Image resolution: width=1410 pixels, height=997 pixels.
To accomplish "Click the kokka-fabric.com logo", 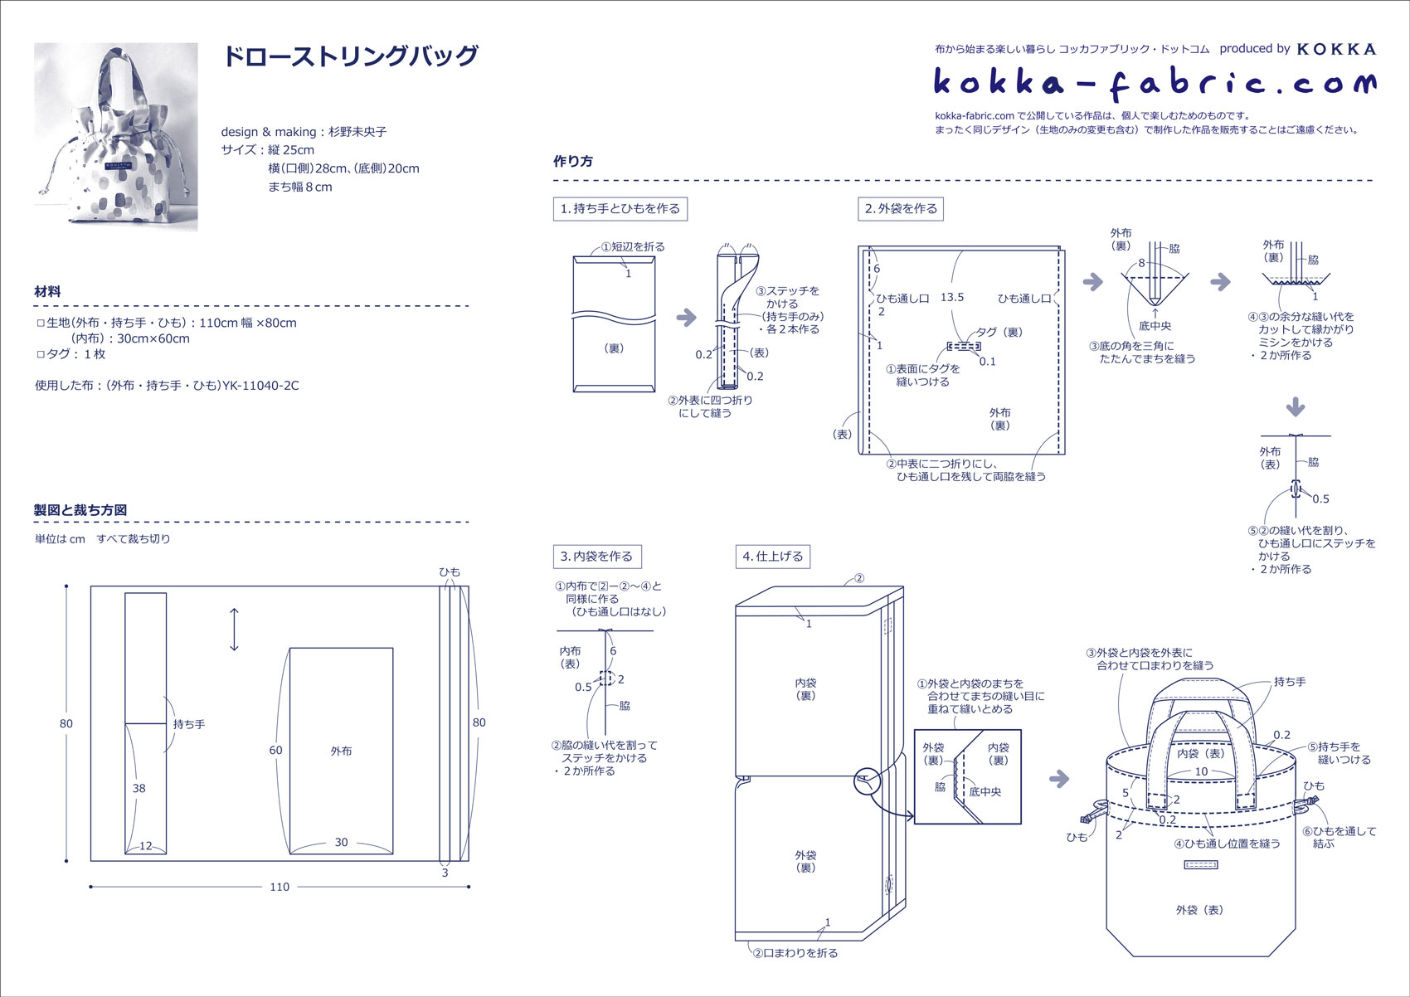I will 1154,83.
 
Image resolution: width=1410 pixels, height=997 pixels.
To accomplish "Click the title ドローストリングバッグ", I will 351,56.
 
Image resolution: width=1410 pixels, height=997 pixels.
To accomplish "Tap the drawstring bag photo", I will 116,137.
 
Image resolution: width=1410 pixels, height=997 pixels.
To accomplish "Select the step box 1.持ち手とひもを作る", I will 620,208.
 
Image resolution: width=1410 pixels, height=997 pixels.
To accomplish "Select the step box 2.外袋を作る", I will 901,208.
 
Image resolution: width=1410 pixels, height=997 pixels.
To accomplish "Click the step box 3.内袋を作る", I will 596,556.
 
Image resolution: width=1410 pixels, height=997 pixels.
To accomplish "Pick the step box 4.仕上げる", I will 773,556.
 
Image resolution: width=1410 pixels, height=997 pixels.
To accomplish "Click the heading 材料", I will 47,291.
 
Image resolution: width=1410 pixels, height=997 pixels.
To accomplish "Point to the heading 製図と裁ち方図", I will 80,509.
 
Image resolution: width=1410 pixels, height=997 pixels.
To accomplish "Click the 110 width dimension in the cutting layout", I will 280,887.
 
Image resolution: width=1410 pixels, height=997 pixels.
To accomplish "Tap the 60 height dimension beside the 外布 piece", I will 275,750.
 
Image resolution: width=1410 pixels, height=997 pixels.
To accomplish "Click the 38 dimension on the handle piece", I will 139,788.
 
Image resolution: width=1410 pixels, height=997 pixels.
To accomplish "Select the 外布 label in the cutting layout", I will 341,751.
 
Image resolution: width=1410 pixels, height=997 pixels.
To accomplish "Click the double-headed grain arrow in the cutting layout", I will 235,630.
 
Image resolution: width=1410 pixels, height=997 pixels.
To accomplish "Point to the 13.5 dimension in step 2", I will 952,297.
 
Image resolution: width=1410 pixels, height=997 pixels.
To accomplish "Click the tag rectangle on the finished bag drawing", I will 1200,865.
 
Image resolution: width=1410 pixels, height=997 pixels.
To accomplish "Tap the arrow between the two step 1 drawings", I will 687,318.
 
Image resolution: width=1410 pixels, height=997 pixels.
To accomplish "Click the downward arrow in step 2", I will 1295,407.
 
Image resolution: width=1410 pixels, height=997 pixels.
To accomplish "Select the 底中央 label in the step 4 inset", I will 985,791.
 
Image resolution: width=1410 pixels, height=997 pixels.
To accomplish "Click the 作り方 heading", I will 573,161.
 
